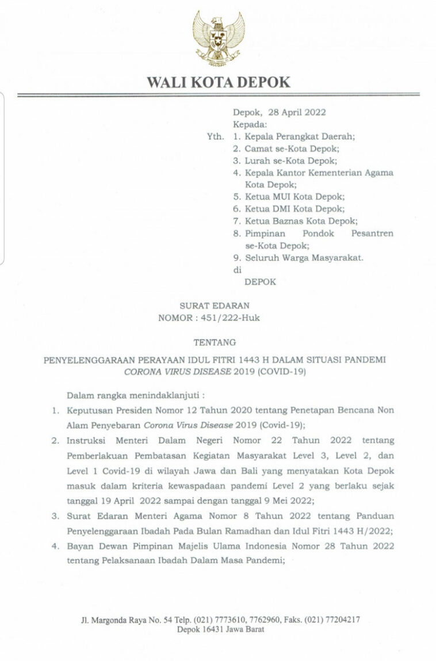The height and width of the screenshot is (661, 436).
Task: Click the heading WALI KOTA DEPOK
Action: coord(219,82)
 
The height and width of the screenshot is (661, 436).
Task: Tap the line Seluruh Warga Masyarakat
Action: coord(304,258)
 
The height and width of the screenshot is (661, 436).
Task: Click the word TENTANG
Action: coord(215,342)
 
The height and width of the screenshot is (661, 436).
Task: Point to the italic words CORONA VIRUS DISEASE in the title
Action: coord(177,372)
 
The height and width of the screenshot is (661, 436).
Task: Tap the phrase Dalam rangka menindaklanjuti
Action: coord(136,396)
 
